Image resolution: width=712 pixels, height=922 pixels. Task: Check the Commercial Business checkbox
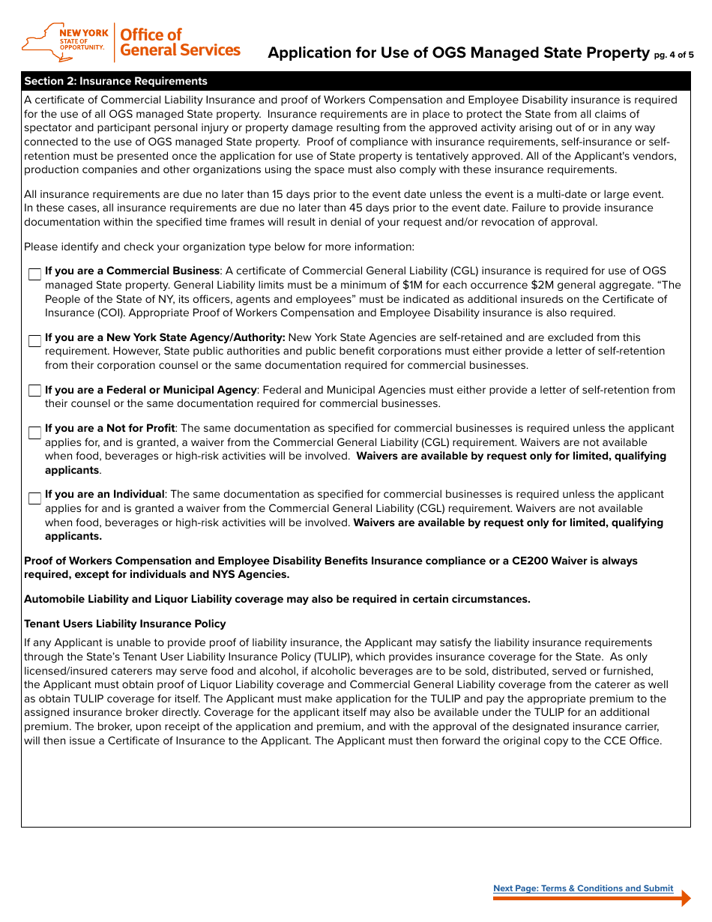tap(34, 274)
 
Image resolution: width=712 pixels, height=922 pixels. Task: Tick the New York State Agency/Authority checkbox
tap(34, 341)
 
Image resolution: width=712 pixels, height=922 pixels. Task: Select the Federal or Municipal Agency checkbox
tap(34, 391)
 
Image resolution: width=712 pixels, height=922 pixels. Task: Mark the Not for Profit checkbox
tap(34, 433)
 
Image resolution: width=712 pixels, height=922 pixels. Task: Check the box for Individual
tap(34, 498)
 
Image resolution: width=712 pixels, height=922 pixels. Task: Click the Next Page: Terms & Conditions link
tap(582, 888)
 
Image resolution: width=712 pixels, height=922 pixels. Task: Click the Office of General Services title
tap(179, 43)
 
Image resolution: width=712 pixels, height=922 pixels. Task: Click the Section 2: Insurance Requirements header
tap(115, 81)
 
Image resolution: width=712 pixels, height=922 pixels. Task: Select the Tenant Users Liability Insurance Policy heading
tap(124, 624)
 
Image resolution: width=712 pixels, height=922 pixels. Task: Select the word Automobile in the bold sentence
tap(52, 599)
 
